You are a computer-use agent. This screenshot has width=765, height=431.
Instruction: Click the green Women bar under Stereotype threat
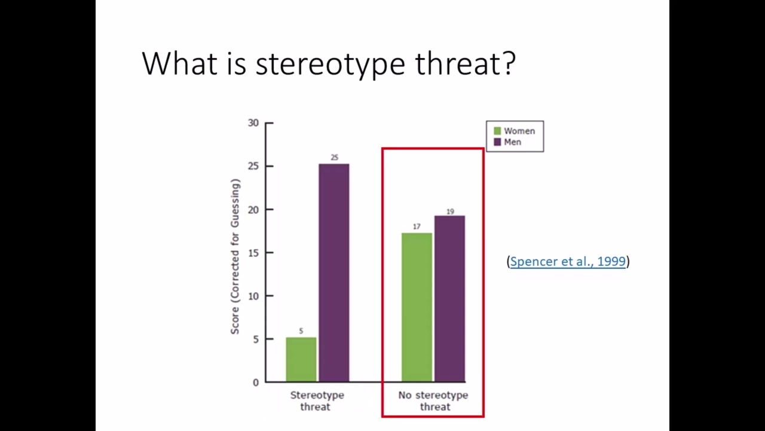click(x=301, y=359)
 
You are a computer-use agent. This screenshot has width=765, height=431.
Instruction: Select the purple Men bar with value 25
click(x=333, y=272)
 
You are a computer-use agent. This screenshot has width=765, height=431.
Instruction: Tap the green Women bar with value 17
click(x=417, y=306)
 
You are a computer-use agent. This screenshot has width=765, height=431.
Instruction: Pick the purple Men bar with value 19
click(x=449, y=298)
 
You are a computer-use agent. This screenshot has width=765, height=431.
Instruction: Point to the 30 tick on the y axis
click(x=253, y=123)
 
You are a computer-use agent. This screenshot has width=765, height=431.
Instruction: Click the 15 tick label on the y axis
click(x=253, y=253)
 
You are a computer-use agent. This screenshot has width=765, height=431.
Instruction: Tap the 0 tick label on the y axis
click(x=256, y=382)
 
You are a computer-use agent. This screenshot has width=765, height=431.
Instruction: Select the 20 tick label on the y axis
click(x=253, y=210)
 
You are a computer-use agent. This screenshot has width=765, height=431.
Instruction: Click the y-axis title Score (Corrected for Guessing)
click(x=235, y=256)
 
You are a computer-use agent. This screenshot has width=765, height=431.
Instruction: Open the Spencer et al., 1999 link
click(x=568, y=261)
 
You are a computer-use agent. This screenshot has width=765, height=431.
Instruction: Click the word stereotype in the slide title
click(x=330, y=63)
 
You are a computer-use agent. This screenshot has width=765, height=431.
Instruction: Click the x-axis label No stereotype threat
click(x=433, y=400)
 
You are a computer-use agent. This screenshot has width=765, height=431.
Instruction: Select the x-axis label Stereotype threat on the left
click(x=317, y=400)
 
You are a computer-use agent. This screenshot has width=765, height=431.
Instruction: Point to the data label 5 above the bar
click(x=301, y=331)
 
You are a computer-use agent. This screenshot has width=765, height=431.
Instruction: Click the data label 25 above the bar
click(x=334, y=157)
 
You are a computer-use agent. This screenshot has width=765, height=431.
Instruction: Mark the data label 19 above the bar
click(x=450, y=211)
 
